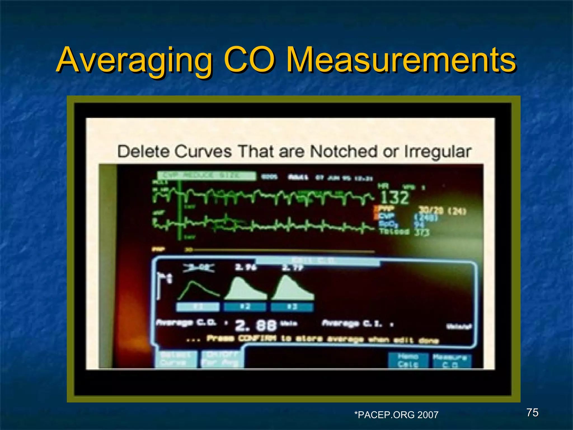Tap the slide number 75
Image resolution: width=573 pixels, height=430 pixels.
tap(532, 412)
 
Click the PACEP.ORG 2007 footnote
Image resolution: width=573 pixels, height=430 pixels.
tap(396, 415)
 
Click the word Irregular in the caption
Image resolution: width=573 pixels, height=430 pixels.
tap(438, 152)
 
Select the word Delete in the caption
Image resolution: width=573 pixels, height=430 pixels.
tap(143, 151)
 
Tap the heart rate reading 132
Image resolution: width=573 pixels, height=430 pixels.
tap(394, 197)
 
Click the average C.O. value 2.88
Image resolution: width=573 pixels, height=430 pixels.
tap(256, 325)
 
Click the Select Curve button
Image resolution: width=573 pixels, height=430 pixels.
tap(175, 359)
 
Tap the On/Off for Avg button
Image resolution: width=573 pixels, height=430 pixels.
tap(222, 359)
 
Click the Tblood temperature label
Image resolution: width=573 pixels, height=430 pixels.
tap(394, 232)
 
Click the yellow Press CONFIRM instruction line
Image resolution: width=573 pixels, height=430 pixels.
tap(322, 339)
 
